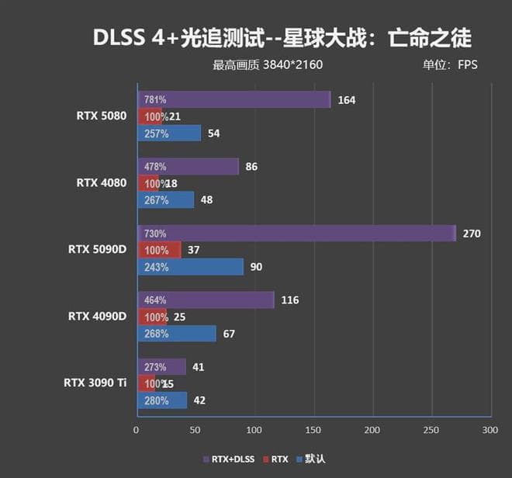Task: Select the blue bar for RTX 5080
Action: click(169, 133)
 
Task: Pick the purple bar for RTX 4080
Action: click(188, 167)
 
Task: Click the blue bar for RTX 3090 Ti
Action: click(162, 400)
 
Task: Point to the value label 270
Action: click(472, 234)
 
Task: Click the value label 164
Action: click(347, 100)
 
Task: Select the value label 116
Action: click(290, 300)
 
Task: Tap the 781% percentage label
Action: click(155, 100)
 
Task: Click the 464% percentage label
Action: click(155, 300)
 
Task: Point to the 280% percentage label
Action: click(156, 400)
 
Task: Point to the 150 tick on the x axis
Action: click(313, 429)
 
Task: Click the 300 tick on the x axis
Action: click(489, 429)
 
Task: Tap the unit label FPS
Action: click(468, 64)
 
